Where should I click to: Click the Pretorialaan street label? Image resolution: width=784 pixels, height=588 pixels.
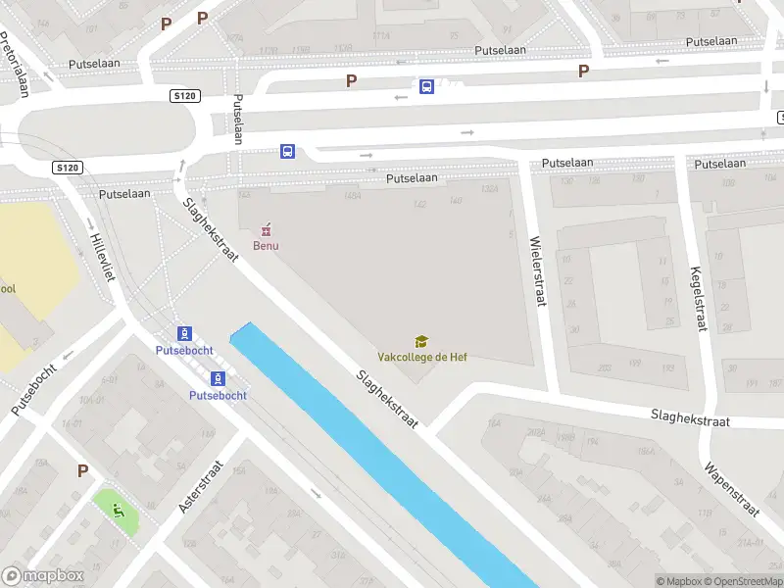(15, 64)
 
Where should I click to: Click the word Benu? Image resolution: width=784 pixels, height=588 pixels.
(266, 245)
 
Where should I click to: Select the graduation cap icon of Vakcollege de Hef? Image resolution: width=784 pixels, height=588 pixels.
(422, 341)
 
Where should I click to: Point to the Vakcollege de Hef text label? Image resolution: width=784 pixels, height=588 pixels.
(422, 357)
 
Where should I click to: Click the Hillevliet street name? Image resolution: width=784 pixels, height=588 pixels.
(103, 257)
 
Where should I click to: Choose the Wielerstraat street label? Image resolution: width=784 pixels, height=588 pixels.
(537, 271)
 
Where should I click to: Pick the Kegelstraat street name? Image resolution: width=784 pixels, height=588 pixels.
(699, 299)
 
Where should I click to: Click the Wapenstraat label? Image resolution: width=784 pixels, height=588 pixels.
(731, 483)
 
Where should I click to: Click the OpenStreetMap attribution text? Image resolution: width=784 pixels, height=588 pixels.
(742, 581)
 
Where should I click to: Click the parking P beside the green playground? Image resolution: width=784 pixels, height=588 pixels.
(83, 470)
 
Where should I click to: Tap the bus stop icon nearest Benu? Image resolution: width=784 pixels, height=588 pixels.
(288, 151)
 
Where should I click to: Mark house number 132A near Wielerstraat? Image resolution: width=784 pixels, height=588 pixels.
(490, 190)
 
